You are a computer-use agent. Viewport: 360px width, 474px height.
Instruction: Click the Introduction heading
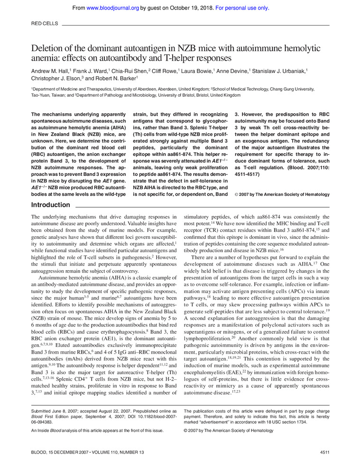[x=50, y=205]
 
